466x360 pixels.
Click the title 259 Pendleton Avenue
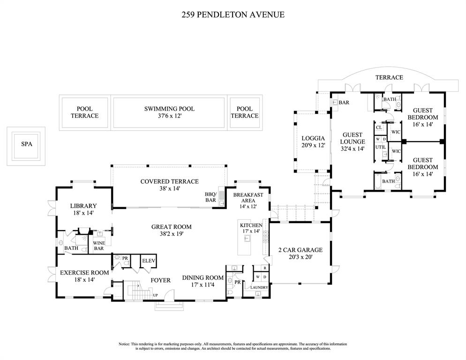pyautogui.click(x=233, y=15)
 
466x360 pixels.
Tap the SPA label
pyautogui.click(x=27, y=144)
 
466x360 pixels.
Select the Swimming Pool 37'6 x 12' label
pyautogui.click(x=169, y=112)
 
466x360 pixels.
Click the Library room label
pyautogui.click(x=83, y=206)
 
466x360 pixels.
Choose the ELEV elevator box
pyautogui.click(x=149, y=261)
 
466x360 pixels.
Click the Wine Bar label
pyautogui.click(x=99, y=246)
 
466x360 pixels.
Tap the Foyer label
pyautogui.click(x=160, y=280)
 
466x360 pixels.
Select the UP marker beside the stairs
pyautogui.click(x=155, y=295)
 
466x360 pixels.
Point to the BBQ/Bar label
pyautogui.click(x=210, y=197)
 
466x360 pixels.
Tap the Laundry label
pyautogui.click(x=259, y=287)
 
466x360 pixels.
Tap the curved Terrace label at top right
pyautogui.click(x=389, y=77)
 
